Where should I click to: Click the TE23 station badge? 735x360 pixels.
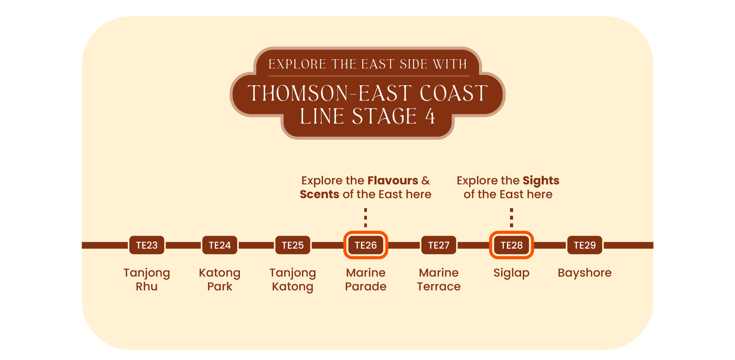point(147,245)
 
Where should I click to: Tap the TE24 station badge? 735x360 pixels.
point(220,245)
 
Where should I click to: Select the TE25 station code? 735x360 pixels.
point(293,245)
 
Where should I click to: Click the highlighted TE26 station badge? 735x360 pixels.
point(366,245)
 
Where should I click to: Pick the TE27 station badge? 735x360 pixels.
point(439,245)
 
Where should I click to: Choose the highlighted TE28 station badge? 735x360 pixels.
point(512,245)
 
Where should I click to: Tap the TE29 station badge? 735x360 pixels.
point(585,245)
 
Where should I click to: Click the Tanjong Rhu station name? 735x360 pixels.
point(147,280)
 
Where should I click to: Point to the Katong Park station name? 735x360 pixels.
point(220,280)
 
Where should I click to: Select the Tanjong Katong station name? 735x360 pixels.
point(293,280)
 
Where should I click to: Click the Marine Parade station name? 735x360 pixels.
point(366,280)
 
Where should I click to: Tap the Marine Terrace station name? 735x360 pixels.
point(439,280)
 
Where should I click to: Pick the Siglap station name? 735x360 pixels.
point(512,273)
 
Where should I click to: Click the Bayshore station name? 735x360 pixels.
point(585,273)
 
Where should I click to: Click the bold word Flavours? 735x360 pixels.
point(393,181)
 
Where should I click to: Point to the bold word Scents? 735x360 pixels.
point(319,194)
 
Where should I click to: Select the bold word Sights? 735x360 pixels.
point(541,181)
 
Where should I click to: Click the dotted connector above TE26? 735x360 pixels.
point(366,218)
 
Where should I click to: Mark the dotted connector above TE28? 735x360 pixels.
point(512,218)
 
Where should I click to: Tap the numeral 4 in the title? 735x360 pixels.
point(430,116)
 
